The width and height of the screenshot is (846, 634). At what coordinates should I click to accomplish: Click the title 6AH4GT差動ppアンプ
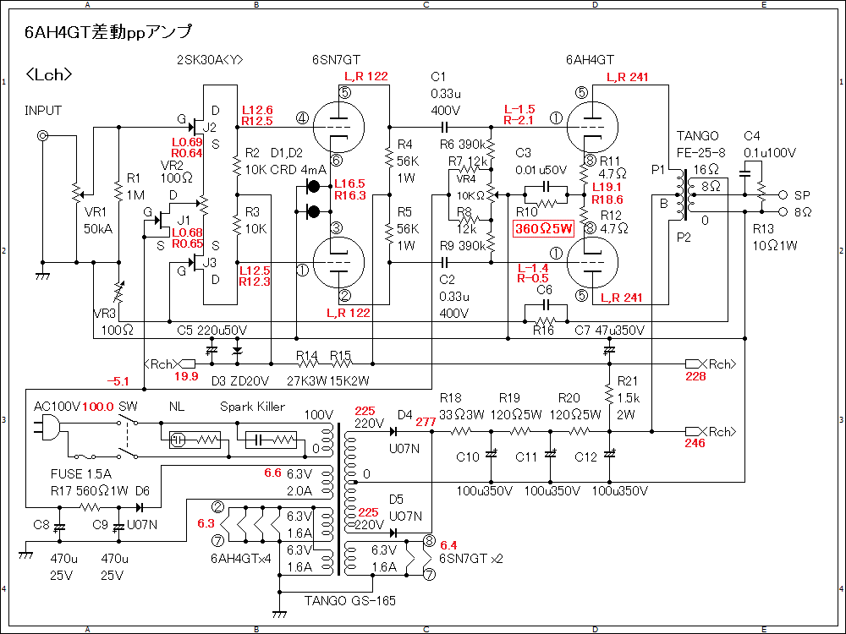[x=108, y=32]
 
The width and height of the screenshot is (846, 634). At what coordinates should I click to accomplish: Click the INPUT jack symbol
[x=42, y=135]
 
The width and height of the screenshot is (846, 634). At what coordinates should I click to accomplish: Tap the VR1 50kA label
[x=98, y=220]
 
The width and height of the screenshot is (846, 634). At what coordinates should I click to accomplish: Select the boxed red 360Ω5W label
[x=543, y=228]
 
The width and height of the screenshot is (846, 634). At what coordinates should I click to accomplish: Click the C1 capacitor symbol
[x=444, y=128]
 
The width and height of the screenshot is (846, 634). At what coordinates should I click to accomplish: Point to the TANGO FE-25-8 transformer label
[x=698, y=144]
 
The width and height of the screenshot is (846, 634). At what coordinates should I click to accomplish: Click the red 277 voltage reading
[x=426, y=422]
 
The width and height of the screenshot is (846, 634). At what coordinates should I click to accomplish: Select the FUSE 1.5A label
[x=81, y=474]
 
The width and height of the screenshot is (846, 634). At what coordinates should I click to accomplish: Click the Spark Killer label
[x=252, y=407]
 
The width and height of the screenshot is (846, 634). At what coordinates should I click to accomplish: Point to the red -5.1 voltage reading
[x=118, y=382]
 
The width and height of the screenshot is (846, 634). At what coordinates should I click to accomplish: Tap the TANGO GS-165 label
[x=349, y=600]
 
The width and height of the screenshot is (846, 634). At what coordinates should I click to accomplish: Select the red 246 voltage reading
[x=695, y=443]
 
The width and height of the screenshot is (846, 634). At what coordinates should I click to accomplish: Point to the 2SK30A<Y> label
[x=210, y=60]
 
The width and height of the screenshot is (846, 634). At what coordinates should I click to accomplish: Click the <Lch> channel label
[x=48, y=74]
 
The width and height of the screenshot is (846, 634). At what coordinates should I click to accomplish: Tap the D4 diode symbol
[x=393, y=431]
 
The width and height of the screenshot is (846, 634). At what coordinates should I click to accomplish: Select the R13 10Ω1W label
[x=775, y=238]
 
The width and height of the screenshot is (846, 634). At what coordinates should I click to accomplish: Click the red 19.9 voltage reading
[x=186, y=376]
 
